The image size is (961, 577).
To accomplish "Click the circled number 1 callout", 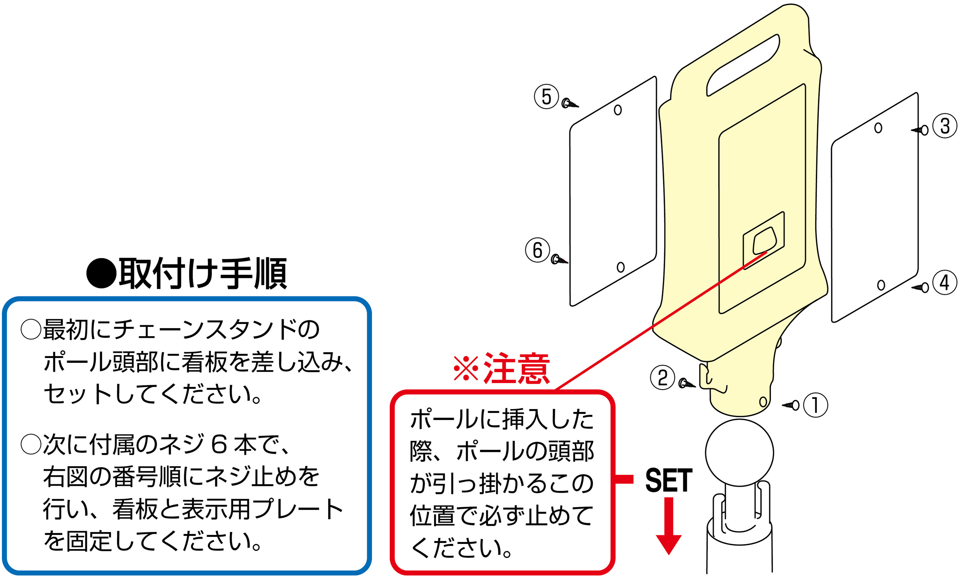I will click(x=815, y=405).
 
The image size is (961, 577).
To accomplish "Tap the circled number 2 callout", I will click(x=662, y=377).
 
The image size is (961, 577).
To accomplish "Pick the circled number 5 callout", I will click(x=546, y=97).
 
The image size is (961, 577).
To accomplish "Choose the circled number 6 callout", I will click(x=537, y=250).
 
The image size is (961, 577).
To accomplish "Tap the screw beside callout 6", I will click(x=559, y=259).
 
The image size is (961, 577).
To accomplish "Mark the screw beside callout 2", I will click(x=686, y=384).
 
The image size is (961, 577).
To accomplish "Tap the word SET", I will click(x=669, y=481).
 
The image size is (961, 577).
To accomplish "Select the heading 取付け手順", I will click(x=202, y=273).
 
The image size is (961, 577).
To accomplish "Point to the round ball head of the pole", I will click(x=739, y=453).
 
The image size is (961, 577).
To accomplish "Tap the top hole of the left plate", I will click(x=618, y=110).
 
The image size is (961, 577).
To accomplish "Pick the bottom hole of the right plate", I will click(x=881, y=285).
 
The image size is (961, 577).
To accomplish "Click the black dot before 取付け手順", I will click(x=101, y=274).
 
